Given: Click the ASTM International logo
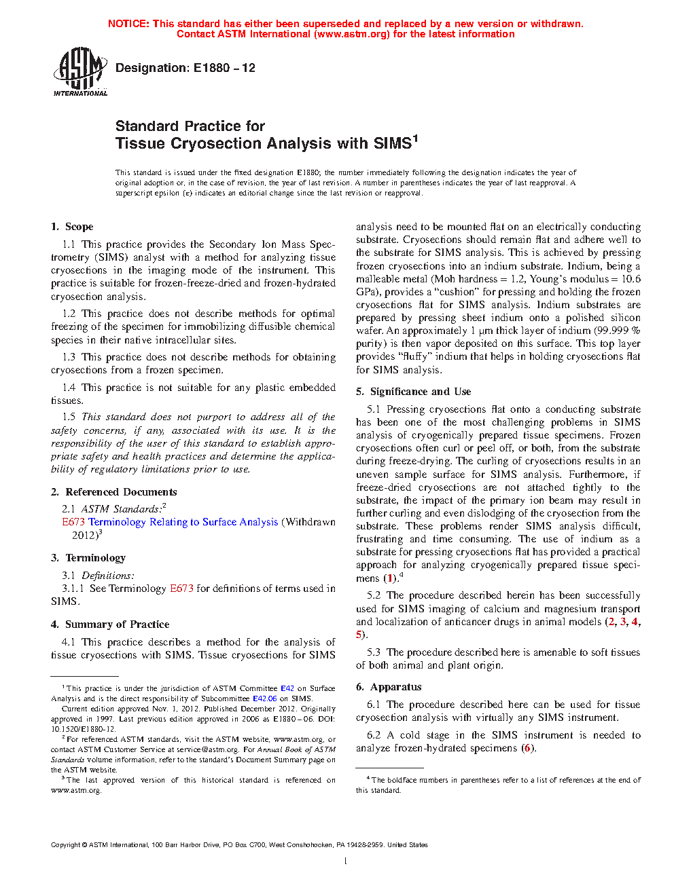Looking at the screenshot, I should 80,71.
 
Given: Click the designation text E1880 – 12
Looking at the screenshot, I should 224,68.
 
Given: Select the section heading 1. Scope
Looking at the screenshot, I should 72,227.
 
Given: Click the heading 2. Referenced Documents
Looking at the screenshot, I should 114,492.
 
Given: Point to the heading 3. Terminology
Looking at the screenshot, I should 88,558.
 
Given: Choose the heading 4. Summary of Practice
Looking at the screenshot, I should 110,624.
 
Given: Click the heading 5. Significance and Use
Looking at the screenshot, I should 413,392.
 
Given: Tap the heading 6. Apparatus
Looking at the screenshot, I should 389,687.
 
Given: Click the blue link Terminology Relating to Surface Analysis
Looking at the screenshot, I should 183,522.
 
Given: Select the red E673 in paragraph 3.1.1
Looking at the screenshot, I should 181,589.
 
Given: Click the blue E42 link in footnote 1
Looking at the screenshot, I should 287,688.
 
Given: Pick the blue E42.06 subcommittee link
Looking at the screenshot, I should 265,698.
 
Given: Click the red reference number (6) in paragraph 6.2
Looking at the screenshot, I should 527,748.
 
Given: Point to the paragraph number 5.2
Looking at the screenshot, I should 374,595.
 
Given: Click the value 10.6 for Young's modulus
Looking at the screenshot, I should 630,279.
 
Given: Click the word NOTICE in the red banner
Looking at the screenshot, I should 128,24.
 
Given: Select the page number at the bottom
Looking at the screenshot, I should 346,861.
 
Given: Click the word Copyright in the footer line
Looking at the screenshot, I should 65,845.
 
